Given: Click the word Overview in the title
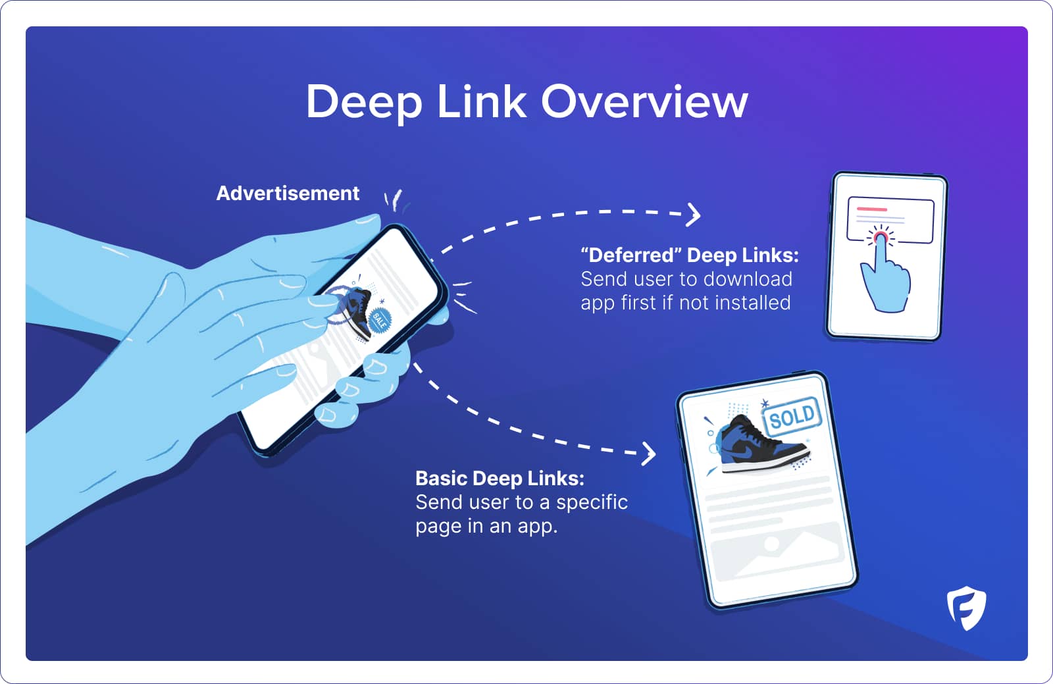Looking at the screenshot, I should pyautogui.click(x=644, y=102).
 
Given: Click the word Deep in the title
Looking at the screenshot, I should pyautogui.click(x=363, y=103).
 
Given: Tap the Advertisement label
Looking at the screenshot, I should pyautogui.click(x=288, y=194).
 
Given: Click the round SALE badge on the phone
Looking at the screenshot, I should pyautogui.click(x=380, y=320).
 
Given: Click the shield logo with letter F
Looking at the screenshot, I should pyautogui.click(x=967, y=608).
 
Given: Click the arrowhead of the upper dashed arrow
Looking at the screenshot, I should pyautogui.click(x=694, y=215).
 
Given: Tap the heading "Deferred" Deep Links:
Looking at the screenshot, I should pyautogui.click(x=689, y=255).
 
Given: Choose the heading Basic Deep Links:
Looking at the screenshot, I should pyautogui.click(x=500, y=478).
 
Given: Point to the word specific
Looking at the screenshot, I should pyautogui.click(x=592, y=502).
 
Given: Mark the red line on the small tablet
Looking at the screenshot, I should pyautogui.click(x=872, y=209).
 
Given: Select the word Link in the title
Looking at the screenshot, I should pyautogui.click(x=481, y=102).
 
